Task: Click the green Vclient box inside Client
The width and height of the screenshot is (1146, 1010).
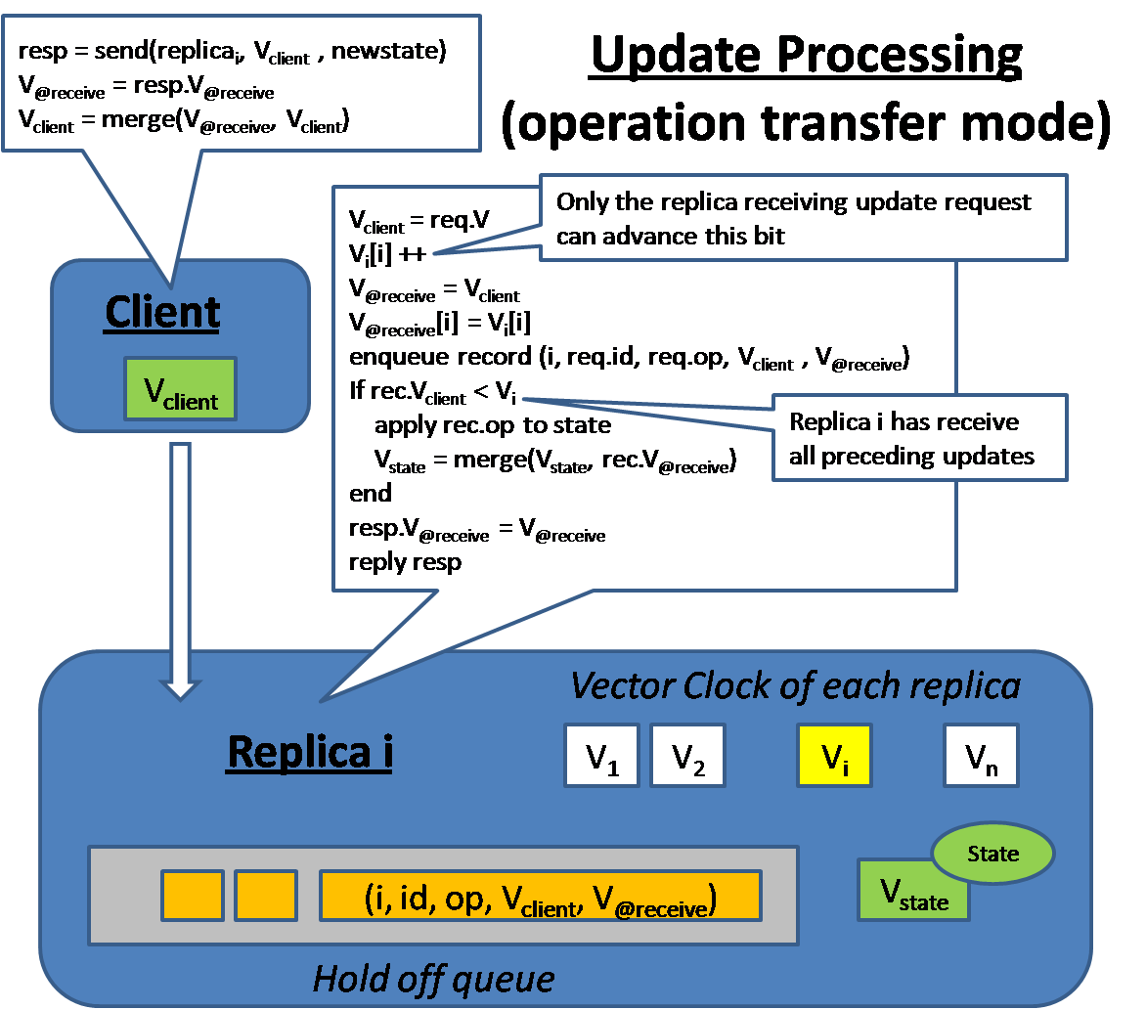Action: click(180, 389)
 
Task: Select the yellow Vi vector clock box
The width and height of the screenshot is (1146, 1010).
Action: click(834, 756)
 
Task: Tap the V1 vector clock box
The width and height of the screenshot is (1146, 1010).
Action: click(601, 756)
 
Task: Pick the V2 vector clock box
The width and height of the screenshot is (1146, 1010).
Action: click(687, 756)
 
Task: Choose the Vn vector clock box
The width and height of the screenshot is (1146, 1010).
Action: click(981, 756)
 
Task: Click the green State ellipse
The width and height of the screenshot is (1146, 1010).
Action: click(992, 854)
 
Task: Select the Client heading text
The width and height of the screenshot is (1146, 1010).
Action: click(162, 313)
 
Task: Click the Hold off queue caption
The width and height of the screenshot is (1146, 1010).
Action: click(433, 978)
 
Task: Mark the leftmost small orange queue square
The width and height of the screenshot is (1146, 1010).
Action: click(192, 896)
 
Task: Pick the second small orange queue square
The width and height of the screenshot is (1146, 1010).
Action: click(266, 896)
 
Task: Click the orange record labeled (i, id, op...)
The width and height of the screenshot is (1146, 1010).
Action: click(540, 897)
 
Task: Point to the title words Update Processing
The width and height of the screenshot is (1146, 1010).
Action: click(806, 57)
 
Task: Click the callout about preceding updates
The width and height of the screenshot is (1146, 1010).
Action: click(919, 438)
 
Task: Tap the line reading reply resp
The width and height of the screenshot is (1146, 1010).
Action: click(405, 562)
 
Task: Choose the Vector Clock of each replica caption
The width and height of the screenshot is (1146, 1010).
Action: click(795, 685)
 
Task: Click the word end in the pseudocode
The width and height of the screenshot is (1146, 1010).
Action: click(371, 492)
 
